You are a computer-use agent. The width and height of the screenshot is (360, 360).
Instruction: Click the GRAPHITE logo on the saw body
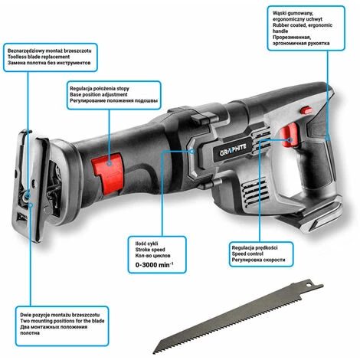233,150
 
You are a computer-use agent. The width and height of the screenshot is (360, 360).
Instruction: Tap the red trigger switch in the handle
288,135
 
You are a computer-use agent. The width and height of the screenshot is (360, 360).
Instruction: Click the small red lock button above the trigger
306,110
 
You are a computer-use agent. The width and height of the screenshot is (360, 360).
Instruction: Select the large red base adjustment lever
108,172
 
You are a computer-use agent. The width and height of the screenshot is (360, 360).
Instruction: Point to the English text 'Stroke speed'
150,250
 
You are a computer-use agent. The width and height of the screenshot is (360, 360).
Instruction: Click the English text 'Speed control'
247,254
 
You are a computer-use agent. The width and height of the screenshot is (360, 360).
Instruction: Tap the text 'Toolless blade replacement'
38,57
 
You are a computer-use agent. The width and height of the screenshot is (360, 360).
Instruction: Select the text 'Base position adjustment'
99,94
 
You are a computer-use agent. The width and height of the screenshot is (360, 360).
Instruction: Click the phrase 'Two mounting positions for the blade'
62,321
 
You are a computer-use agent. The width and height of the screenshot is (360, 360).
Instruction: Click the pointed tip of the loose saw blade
154,352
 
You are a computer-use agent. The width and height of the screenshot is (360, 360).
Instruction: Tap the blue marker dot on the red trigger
290,140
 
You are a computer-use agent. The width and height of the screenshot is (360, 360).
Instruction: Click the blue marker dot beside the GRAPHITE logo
193,152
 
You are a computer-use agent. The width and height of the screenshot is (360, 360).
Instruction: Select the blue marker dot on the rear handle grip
328,139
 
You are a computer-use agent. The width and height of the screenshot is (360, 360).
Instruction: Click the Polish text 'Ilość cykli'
146,244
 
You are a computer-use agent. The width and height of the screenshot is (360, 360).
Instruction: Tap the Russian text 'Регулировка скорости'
258,260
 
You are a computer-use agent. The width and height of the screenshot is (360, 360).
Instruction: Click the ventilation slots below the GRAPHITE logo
254,191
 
